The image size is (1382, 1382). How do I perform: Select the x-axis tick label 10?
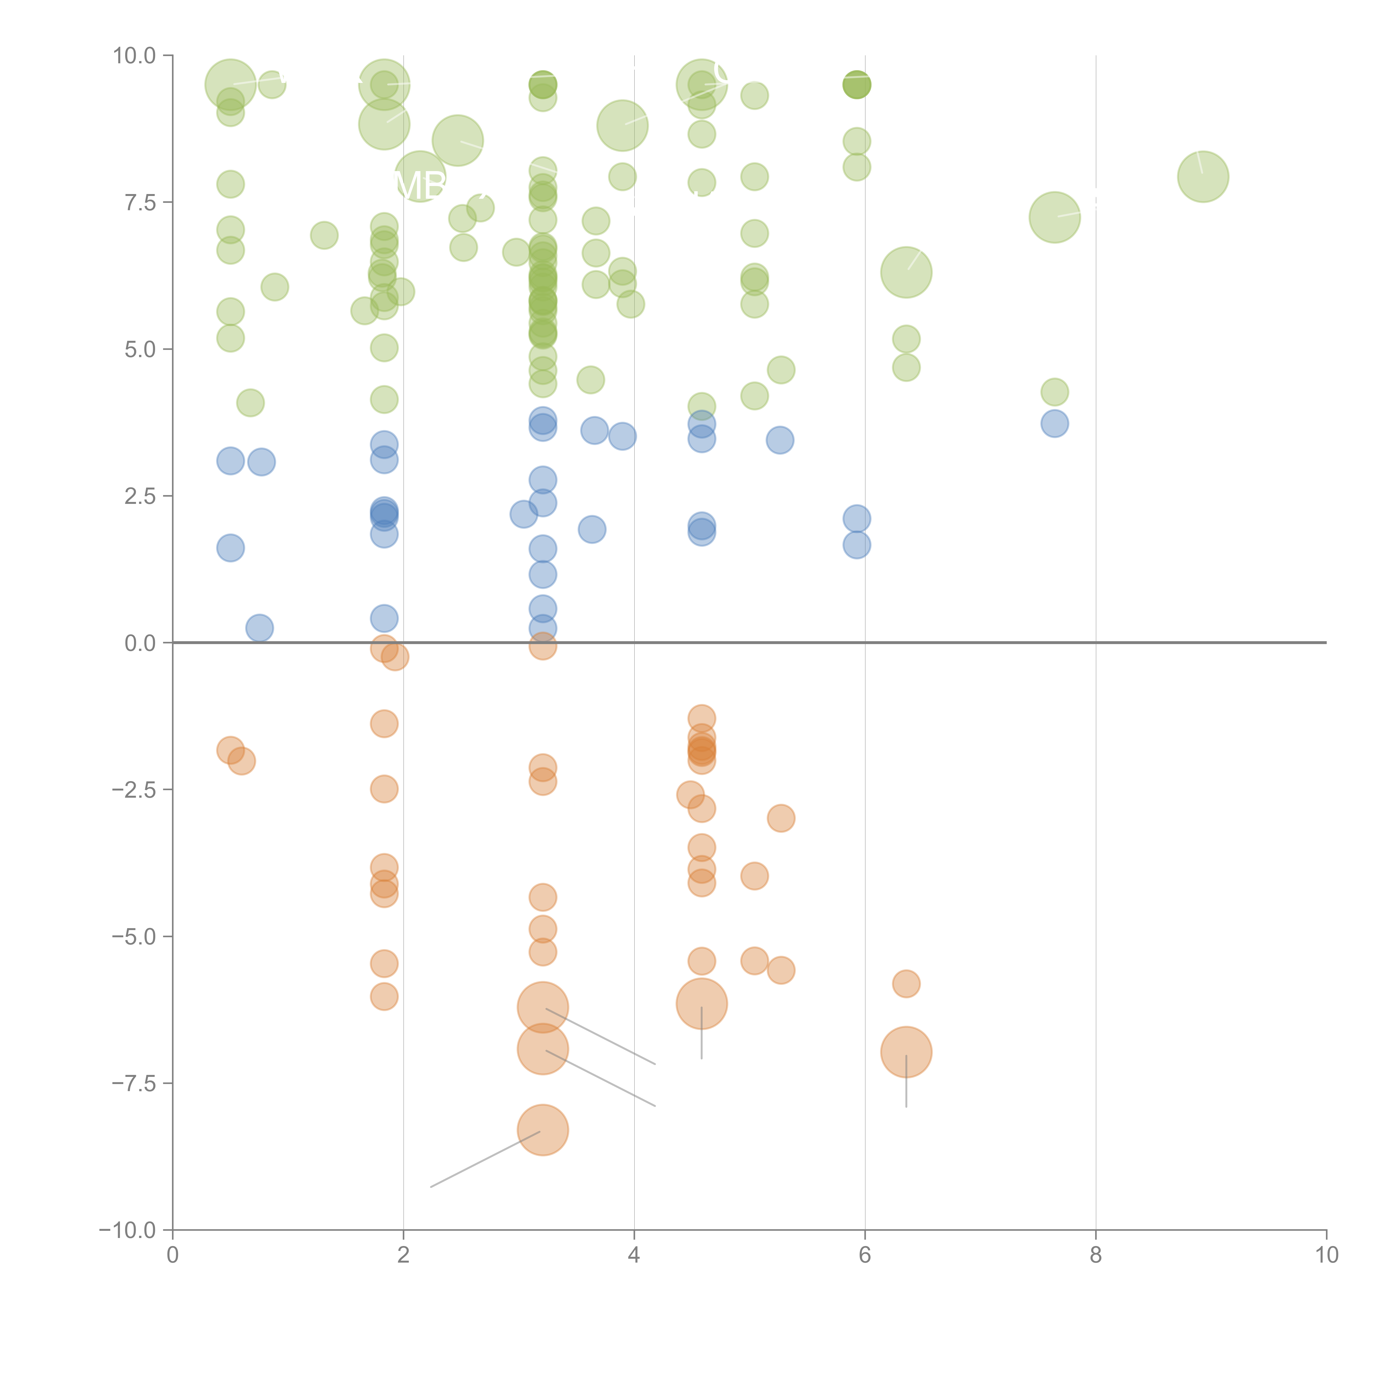pyautogui.click(x=1326, y=1255)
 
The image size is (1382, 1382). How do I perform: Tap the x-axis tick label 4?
pyautogui.click(x=634, y=1255)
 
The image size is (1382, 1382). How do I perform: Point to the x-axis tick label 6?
pyautogui.click(x=865, y=1255)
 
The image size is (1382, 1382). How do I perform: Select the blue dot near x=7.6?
pyautogui.click(x=1054, y=423)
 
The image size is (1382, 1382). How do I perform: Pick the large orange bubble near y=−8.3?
pyautogui.click(x=543, y=1130)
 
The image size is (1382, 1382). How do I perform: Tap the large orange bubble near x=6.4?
pyautogui.click(x=906, y=1051)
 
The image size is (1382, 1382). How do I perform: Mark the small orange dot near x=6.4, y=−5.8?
pyautogui.click(x=906, y=983)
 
